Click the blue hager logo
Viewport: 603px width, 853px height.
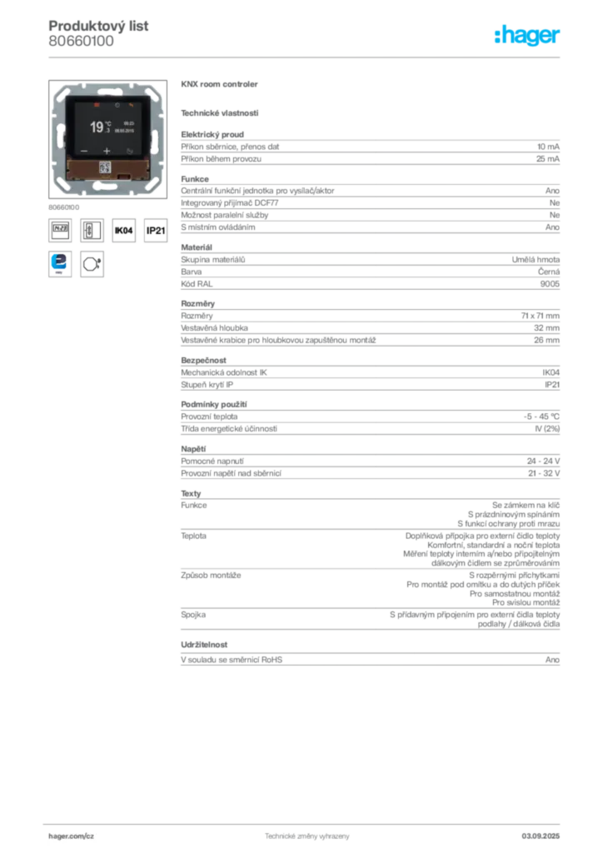529,36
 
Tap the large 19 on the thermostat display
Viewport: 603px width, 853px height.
97,127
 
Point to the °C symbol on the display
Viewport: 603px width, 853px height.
108,122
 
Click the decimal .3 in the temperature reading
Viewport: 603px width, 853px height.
108,132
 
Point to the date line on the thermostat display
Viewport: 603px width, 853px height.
124,131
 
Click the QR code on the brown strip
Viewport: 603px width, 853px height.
105,167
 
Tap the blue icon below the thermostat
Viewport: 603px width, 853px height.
58,262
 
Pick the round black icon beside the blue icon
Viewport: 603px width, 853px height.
92,263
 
